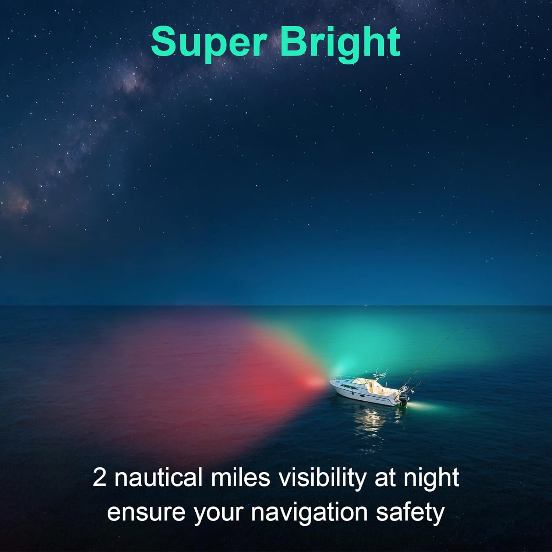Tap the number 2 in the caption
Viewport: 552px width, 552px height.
tap(99, 478)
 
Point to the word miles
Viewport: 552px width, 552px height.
tap(240, 478)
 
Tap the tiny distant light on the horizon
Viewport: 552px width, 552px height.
tap(365, 304)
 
